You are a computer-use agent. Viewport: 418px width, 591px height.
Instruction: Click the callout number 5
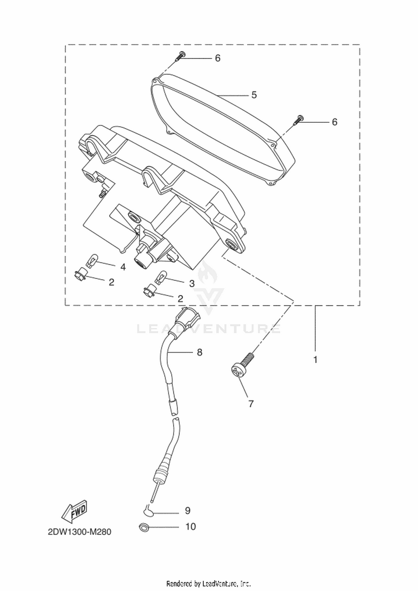(254, 95)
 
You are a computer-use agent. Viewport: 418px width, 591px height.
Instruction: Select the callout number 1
(315, 360)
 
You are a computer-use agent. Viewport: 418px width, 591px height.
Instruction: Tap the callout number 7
(251, 404)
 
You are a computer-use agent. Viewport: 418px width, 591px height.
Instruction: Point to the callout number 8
(200, 352)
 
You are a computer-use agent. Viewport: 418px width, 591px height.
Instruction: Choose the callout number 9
(188, 511)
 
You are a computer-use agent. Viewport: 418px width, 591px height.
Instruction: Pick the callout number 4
(123, 267)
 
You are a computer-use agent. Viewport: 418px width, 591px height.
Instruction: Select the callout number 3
(192, 284)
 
